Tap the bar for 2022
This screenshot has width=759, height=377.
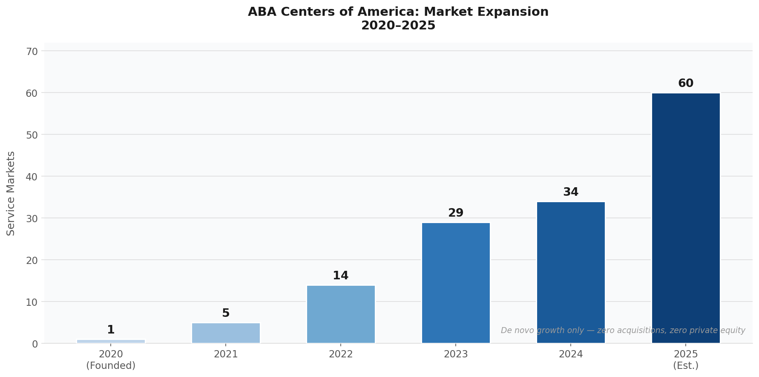341,314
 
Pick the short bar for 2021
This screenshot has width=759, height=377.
226,333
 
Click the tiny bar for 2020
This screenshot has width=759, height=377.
111,341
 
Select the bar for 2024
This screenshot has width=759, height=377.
571,273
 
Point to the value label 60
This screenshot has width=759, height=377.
686,84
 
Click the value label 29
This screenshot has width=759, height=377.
456,213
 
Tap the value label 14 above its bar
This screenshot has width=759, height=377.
341,276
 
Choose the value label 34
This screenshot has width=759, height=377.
571,192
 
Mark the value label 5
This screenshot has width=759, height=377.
226,313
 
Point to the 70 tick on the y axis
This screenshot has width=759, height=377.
32,52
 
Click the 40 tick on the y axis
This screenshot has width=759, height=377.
32,177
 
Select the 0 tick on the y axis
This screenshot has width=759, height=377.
35,344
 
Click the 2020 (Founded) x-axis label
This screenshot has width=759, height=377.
111,360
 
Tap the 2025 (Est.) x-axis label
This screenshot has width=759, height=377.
686,360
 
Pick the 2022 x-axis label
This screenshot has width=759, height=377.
341,354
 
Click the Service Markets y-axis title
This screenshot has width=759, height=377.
11,193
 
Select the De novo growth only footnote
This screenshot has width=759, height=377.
623,331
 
